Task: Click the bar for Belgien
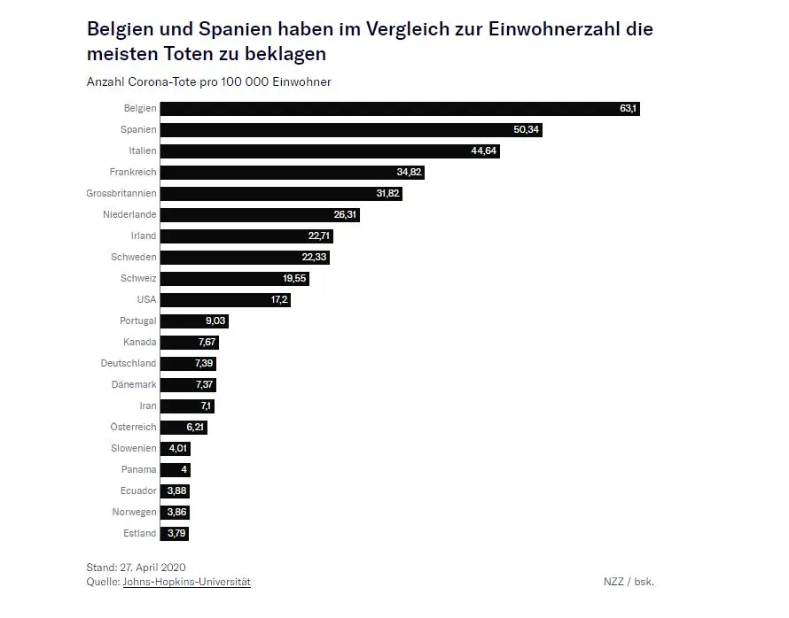point(400,109)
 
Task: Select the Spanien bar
point(351,129)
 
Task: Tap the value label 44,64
point(483,151)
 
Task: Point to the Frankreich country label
point(133,172)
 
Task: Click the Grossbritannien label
point(121,193)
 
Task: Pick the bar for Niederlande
point(260,214)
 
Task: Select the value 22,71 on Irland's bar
point(319,236)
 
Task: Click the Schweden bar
point(245,258)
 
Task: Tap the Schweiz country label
point(138,278)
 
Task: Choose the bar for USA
point(225,300)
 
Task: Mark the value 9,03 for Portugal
point(215,321)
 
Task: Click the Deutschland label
point(129,363)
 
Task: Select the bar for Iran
point(188,406)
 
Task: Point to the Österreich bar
point(184,427)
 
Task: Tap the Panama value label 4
point(184,469)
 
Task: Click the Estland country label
point(140,533)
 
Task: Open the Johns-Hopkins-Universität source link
point(187,582)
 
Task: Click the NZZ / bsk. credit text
point(629,582)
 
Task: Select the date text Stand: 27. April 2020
point(136,568)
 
